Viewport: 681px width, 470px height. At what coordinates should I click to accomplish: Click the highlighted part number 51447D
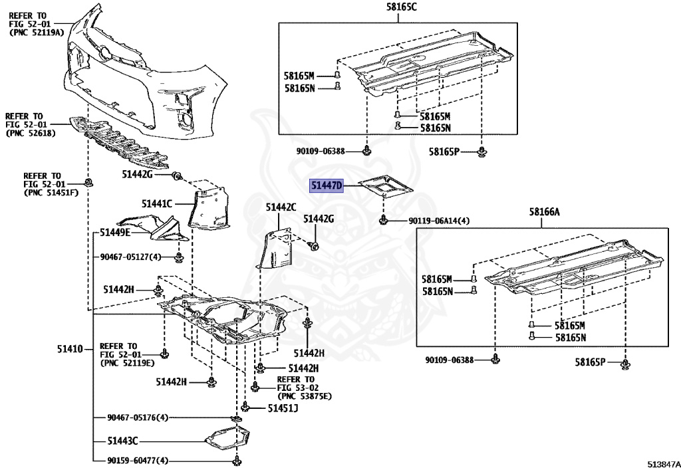(327, 186)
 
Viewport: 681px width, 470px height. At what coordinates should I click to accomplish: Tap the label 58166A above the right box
(545, 212)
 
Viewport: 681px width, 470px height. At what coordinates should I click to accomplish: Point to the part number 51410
(69, 349)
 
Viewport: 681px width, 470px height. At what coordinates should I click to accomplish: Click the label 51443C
(122, 440)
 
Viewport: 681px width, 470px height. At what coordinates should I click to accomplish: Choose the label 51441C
(157, 203)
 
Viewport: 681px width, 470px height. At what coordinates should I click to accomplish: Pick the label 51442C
(281, 207)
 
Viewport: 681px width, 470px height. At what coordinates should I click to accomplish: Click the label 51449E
(116, 233)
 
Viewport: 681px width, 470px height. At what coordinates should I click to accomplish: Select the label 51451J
(283, 408)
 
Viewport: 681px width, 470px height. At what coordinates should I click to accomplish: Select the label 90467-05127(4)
(132, 257)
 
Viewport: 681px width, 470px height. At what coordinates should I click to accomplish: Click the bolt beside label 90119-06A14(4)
(384, 219)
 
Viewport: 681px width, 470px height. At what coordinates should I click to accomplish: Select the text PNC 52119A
(36, 32)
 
